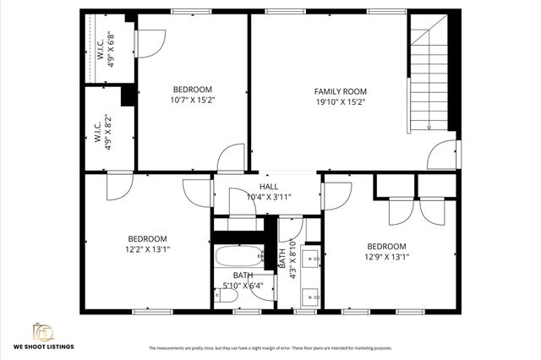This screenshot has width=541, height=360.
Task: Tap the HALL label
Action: [x=269, y=187]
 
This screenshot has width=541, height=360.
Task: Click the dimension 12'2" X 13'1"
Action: [x=147, y=249]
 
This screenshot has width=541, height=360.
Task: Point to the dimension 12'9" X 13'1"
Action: [x=387, y=257]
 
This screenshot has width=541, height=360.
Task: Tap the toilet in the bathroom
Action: [x=226, y=294]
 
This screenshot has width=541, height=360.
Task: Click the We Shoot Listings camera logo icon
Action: [x=43, y=331]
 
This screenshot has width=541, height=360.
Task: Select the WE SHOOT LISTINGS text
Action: [x=43, y=346]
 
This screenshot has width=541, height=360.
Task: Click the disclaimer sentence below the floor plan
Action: [x=270, y=348]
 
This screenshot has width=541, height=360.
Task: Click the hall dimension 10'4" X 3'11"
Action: [x=269, y=197]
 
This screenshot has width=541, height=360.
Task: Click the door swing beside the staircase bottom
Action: [x=440, y=155]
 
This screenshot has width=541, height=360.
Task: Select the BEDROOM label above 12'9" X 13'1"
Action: [x=387, y=246]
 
